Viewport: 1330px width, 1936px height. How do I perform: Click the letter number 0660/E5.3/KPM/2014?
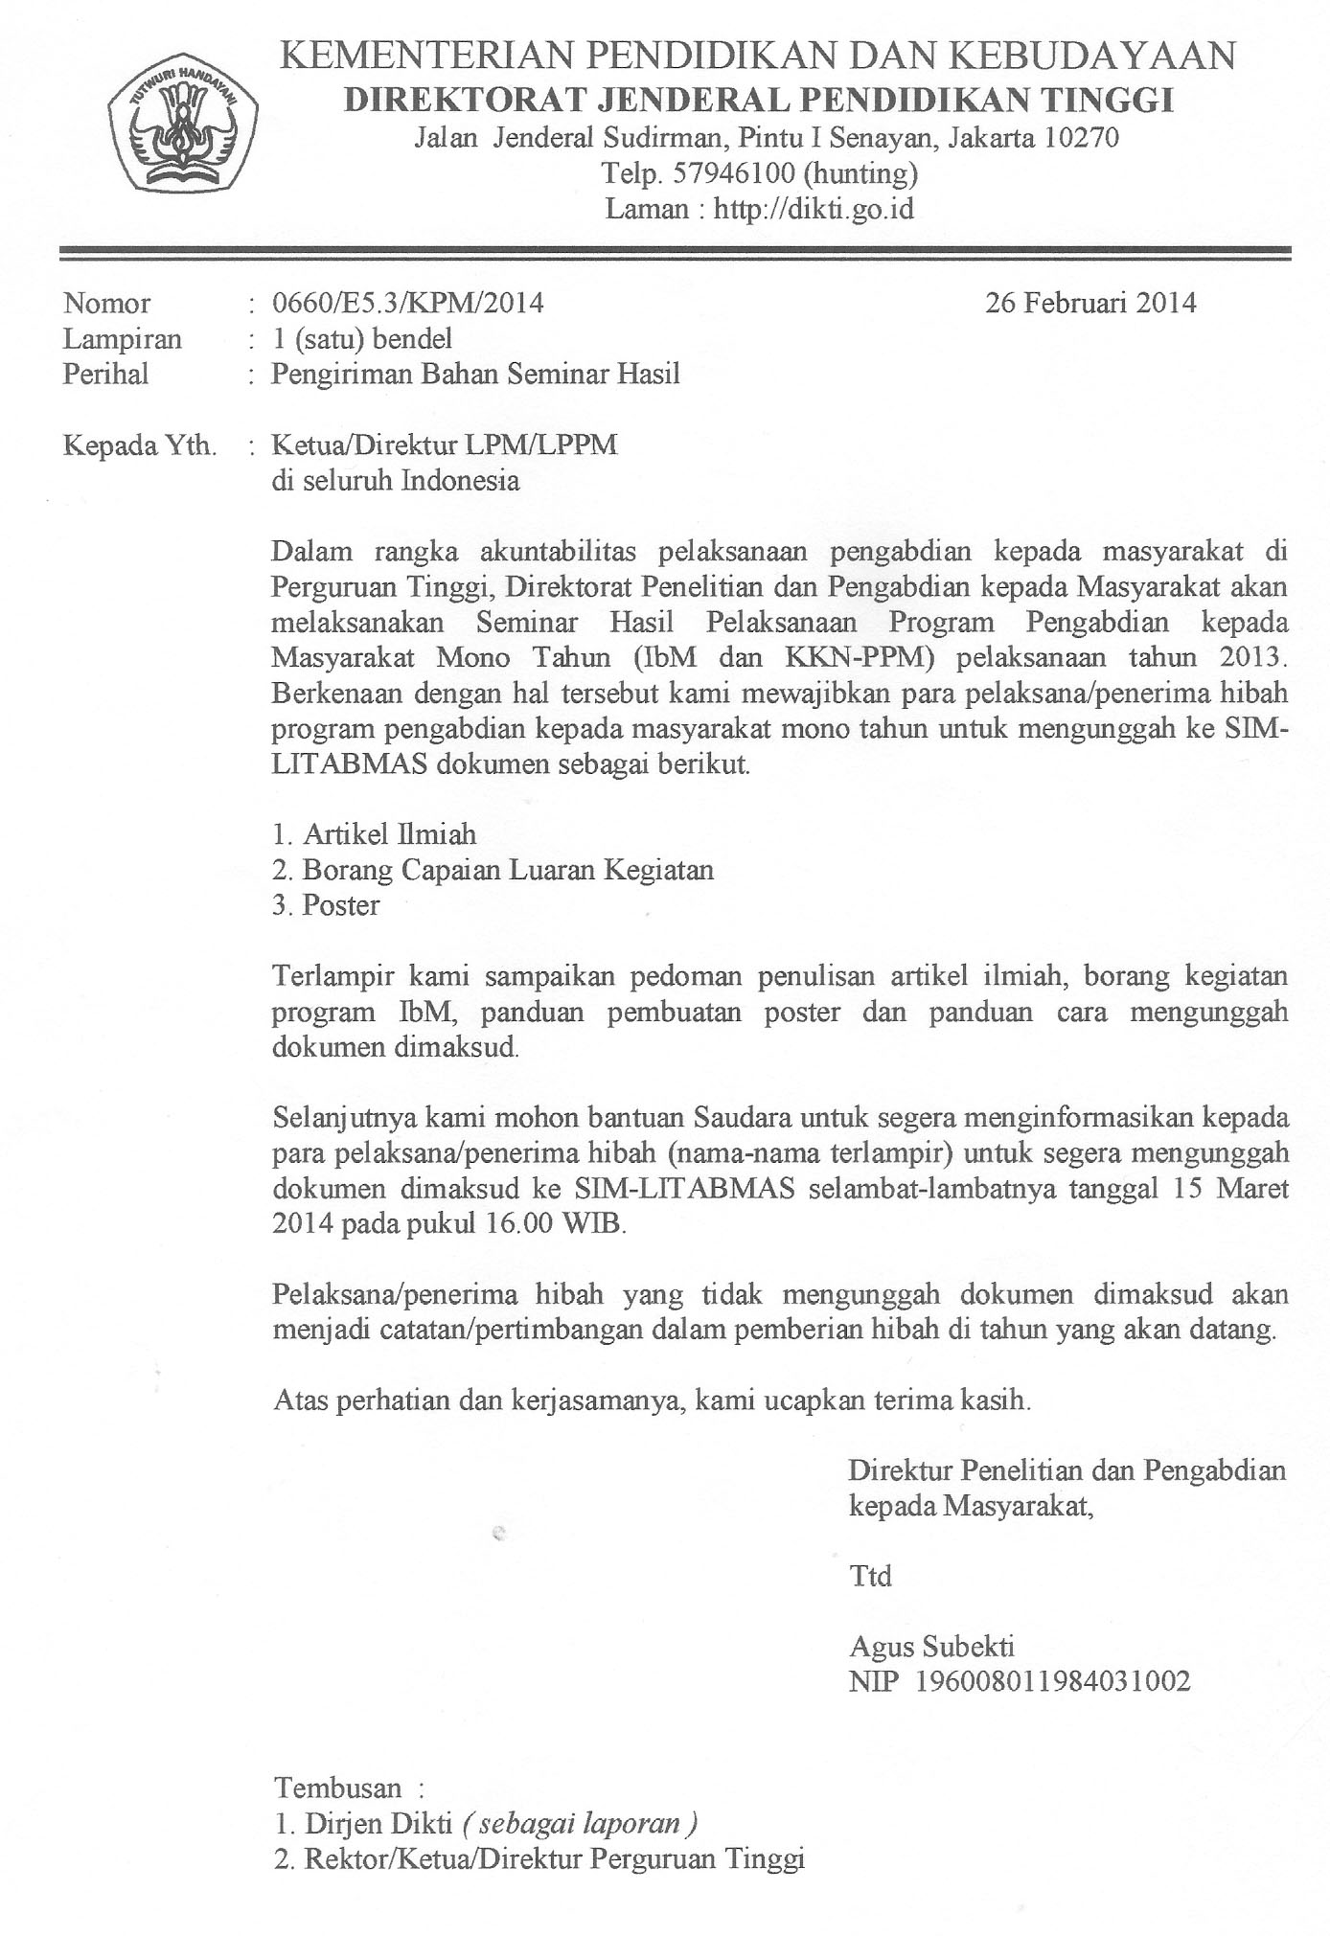pos(408,304)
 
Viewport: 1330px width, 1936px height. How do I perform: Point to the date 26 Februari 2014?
pos(1090,304)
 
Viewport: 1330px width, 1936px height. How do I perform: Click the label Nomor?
pos(106,304)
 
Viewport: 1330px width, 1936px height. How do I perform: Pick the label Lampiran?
pos(122,339)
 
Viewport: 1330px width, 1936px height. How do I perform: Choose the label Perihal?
pos(105,374)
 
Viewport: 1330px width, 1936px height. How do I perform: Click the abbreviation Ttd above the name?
pos(870,1576)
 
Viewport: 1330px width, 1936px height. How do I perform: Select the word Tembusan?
pos(337,1788)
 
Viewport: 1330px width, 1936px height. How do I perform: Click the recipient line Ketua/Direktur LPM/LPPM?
pos(445,445)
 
